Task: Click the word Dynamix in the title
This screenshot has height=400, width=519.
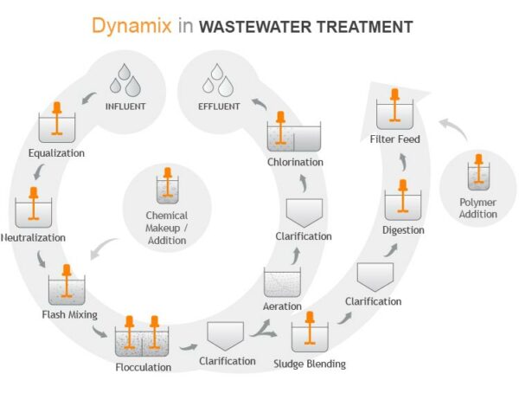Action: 131,26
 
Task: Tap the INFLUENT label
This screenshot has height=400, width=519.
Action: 125,108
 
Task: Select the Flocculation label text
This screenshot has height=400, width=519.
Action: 143,366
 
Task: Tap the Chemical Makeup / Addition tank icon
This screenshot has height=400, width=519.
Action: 167,188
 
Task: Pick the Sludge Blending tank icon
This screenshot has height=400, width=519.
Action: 309,333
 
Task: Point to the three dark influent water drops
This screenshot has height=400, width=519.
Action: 125,83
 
